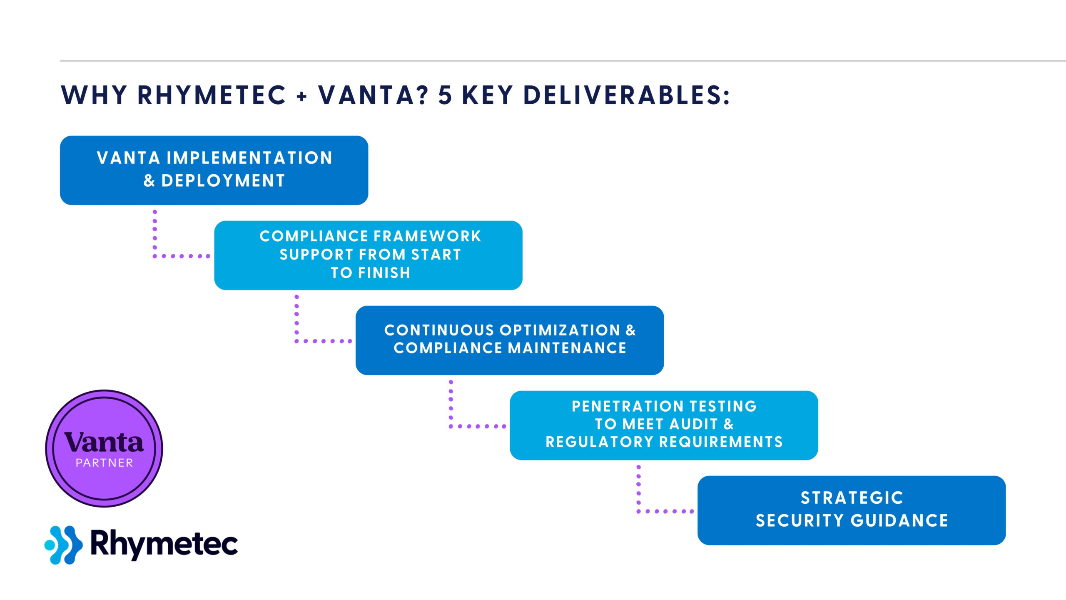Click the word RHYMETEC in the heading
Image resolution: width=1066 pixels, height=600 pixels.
click(212, 95)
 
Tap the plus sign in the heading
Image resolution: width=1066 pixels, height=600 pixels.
click(302, 97)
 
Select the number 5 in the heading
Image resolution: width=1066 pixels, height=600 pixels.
click(445, 95)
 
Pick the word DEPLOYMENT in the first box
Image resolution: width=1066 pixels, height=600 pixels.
click(223, 181)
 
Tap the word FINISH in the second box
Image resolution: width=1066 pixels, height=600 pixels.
click(384, 273)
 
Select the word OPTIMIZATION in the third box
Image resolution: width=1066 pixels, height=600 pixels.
click(560, 330)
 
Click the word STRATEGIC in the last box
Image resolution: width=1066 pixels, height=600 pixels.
click(852, 498)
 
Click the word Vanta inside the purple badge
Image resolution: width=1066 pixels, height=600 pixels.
click(104, 442)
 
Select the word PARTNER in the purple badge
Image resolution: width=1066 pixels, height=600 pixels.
click(104, 463)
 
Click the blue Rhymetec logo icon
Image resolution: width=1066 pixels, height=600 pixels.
click(63, 545)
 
